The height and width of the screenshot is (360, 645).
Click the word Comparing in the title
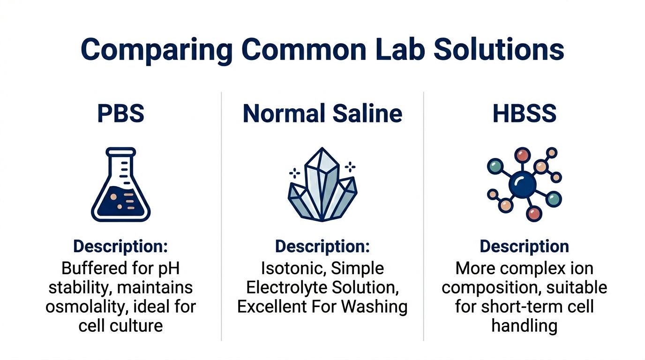tap(157, 50)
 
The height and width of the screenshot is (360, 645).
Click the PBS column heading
tap(120, 113)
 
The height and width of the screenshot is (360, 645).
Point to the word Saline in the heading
tap(367, 113)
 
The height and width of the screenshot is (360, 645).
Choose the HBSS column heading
tap(525, 113)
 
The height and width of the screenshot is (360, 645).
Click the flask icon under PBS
tap(120, 184)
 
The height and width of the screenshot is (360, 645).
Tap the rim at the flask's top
tap(120, 152)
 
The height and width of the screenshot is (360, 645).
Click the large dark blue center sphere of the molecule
tap(523, 185)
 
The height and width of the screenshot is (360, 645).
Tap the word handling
tap(525, 326)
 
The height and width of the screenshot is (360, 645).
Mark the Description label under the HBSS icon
tap(525, 247)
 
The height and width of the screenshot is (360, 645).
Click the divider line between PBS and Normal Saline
tap(221, 217)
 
